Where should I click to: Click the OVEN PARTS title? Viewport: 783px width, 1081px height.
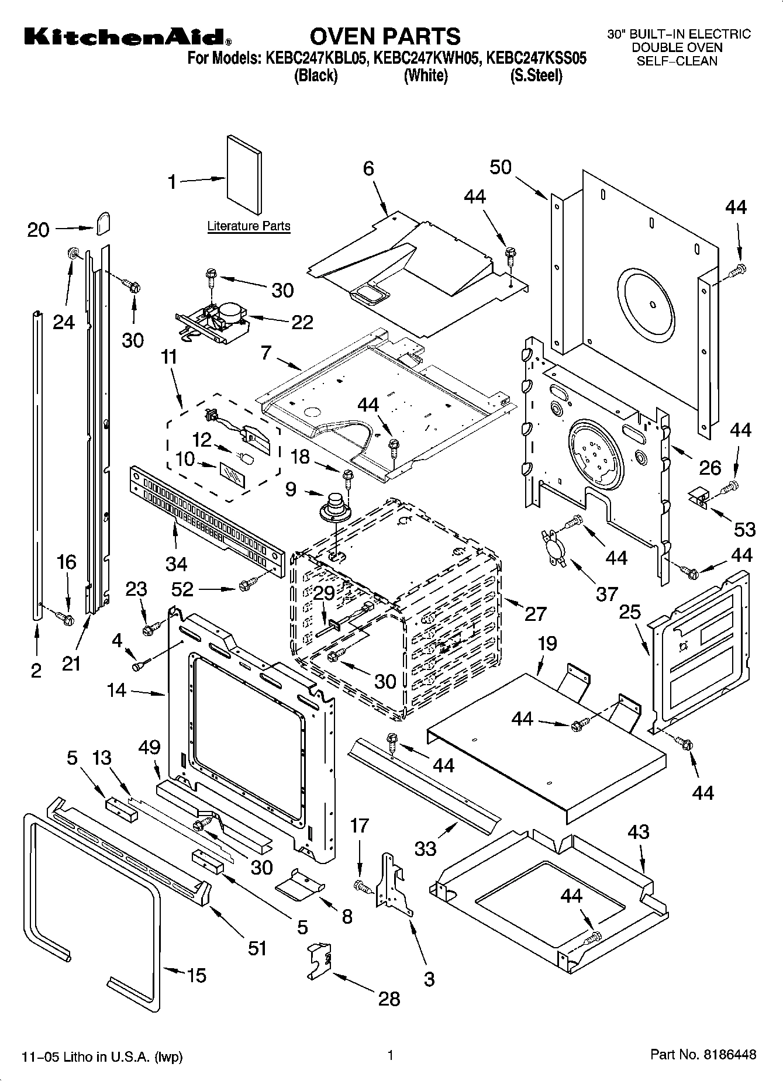point(385,36)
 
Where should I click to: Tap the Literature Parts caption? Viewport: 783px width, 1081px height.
point(249,226)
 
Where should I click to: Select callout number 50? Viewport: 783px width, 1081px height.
point(500,167)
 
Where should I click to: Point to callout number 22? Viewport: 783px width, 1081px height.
point(302,322)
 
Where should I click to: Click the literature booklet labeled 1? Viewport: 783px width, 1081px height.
point(245,175)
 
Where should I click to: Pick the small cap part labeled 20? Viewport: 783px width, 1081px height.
point(103,222)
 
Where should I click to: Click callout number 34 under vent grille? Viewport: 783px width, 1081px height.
point(176,564)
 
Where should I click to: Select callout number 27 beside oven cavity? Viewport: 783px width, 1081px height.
point(535,613)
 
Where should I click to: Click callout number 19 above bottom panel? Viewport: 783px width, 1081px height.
point(547,644)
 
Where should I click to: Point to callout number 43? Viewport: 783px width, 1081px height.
point(638,831)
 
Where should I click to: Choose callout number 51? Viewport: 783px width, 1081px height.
point(257,948)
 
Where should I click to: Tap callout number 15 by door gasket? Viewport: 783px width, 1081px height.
point(196,975)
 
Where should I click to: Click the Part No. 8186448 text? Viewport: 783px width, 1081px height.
point(703,1055)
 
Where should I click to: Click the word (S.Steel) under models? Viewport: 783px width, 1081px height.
point(536,76)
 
